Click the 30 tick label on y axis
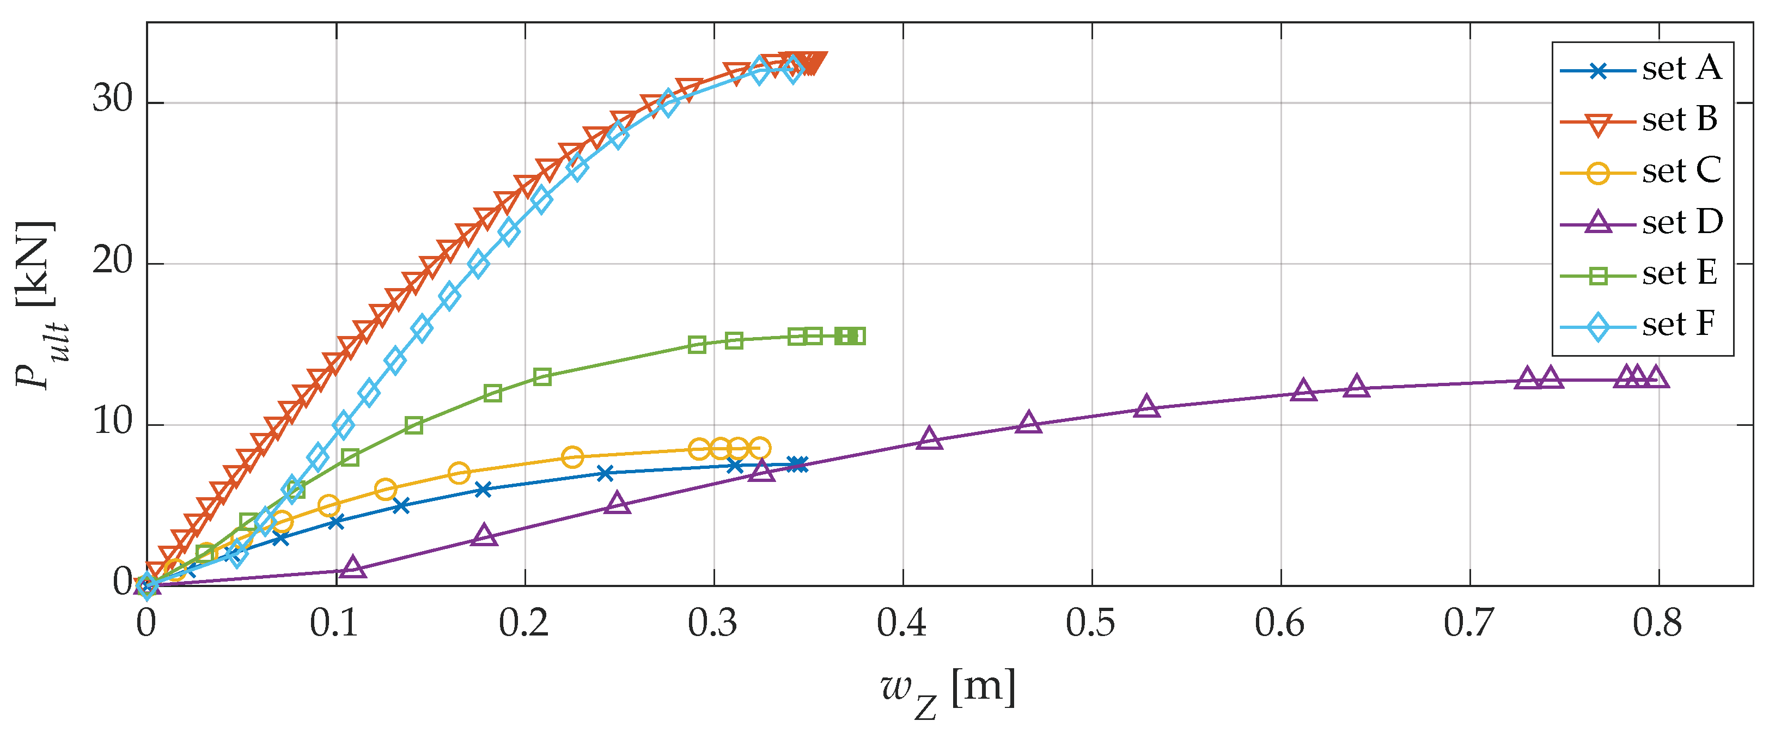pos(113,100)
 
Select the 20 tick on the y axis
pos(113,261)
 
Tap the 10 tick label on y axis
pos(113,422)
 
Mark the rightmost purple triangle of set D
pos(1657,378)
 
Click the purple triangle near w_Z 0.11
pos(353,567)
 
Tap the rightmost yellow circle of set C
pos(759,448)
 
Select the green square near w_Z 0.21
pos(542,377)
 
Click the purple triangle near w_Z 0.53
pos(1146,407)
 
